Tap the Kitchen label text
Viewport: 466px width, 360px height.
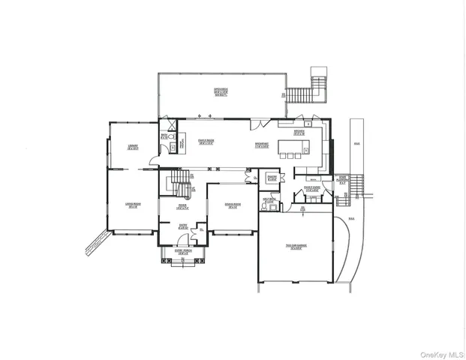tap(299, 132)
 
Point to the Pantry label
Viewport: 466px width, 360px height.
tap(272, 178)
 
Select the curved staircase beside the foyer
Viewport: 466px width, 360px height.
tap(179, 181)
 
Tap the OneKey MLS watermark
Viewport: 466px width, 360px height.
tap(441, 352)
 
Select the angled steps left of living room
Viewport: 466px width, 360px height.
tap(96, 241)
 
